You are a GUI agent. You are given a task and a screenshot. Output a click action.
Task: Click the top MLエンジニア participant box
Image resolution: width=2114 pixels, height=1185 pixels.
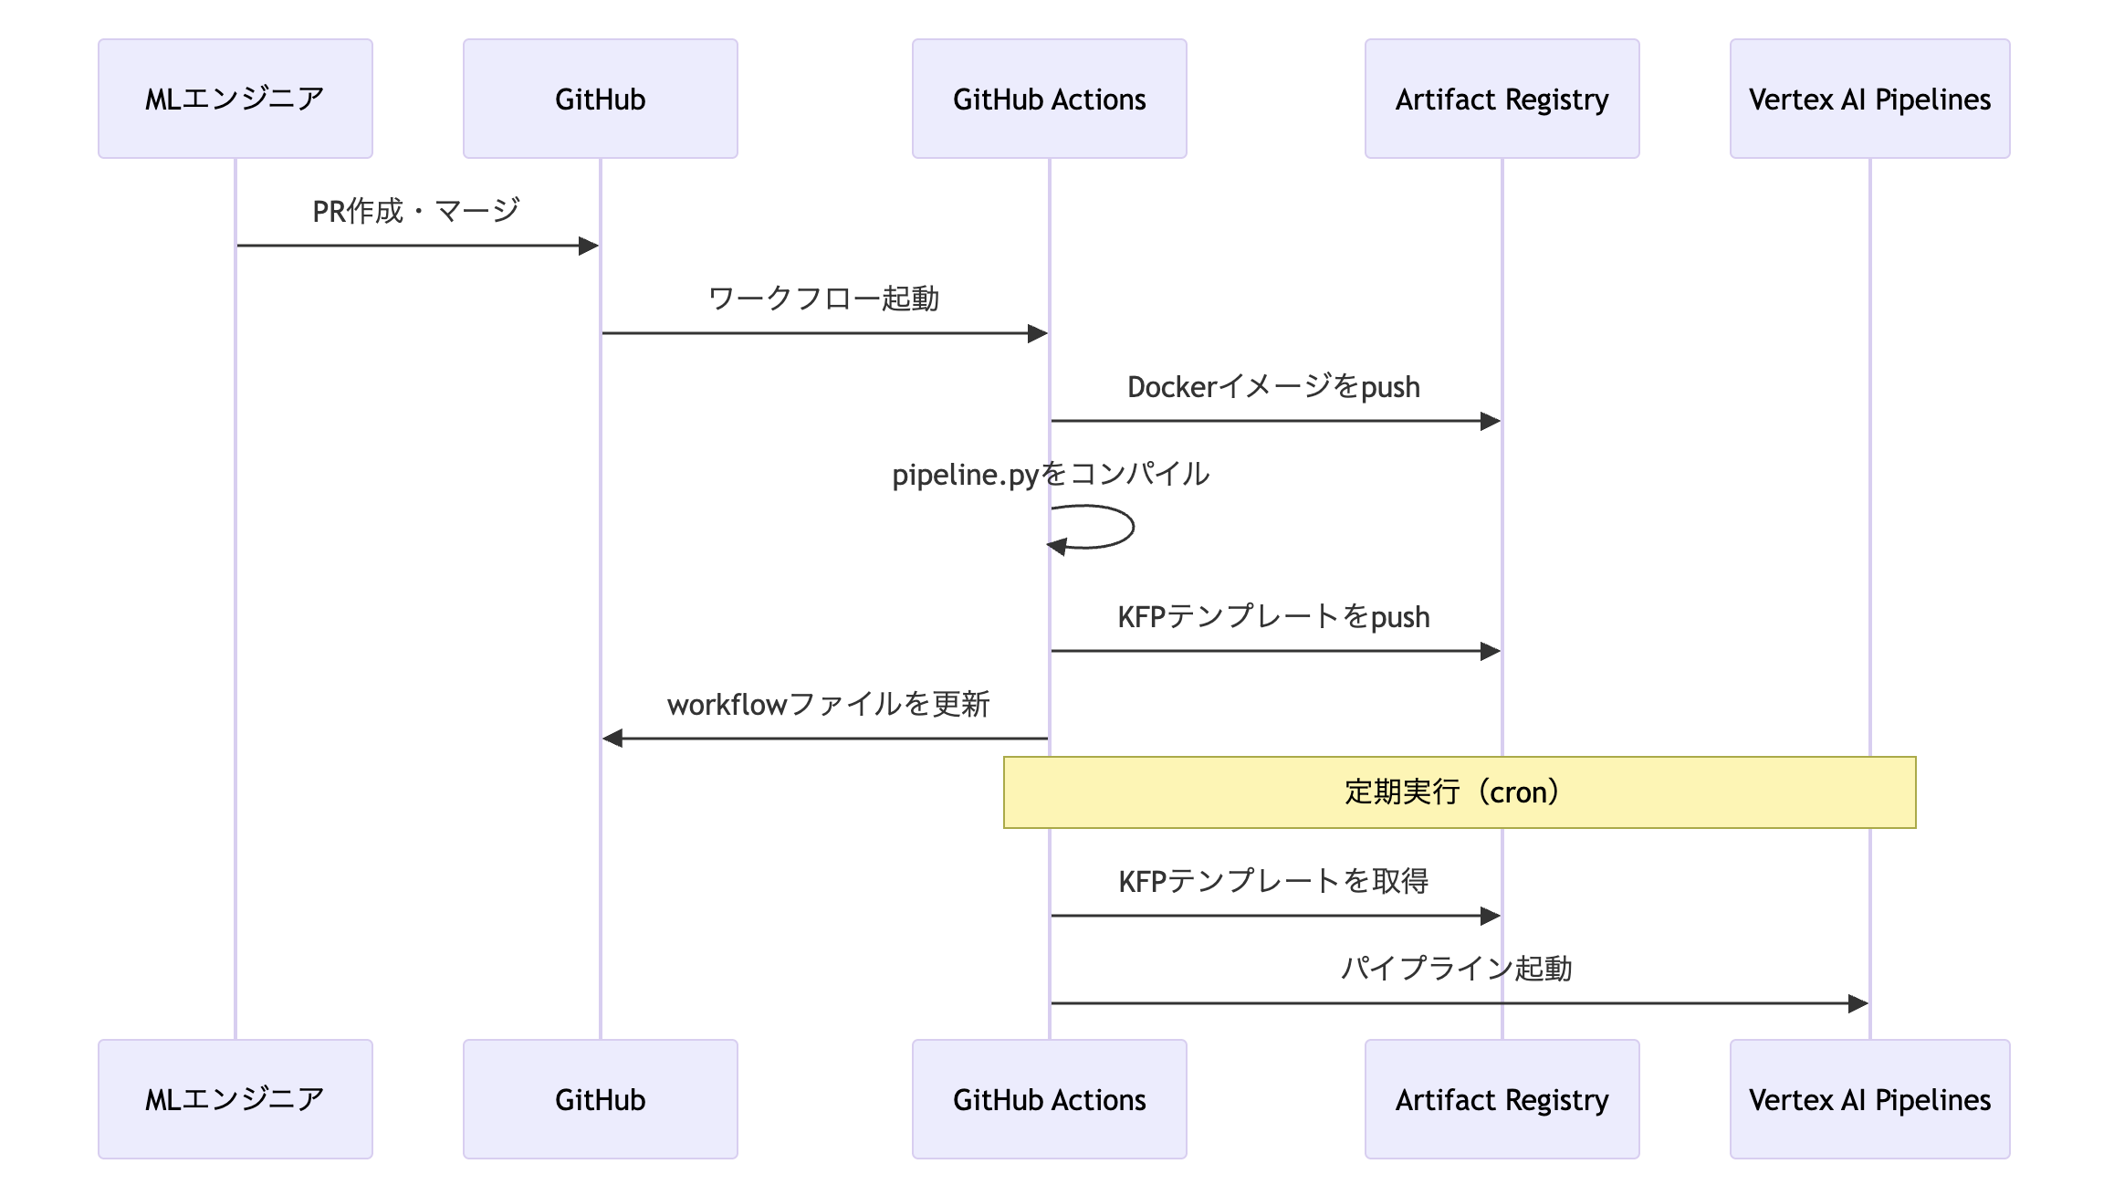[235, 99]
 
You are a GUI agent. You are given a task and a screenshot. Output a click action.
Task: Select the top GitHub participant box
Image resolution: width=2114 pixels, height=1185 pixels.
[600, 99]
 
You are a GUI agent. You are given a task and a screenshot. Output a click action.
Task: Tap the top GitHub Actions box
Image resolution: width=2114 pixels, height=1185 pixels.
[1049, 99]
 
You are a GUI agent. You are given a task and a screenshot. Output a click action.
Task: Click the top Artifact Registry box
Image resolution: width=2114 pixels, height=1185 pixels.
[1502, 99]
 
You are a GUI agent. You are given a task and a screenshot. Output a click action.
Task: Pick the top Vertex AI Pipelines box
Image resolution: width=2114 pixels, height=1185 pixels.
[1869, 99]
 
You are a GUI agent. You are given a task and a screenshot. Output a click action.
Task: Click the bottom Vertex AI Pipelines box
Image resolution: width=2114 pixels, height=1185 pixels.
[1869, 1099]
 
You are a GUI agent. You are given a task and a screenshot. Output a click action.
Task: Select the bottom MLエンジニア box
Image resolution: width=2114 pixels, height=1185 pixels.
[235, 1099]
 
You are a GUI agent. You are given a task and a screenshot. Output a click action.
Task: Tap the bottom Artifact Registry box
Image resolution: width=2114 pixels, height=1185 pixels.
[1502, 1099]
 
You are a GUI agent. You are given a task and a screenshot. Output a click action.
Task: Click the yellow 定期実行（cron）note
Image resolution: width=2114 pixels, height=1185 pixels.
[1459, 792]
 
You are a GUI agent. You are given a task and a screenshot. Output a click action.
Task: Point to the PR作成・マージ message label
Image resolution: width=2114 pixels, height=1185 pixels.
[416, 211]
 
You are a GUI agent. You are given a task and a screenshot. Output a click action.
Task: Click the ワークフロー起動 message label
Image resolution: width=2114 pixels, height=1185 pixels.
[823, 299]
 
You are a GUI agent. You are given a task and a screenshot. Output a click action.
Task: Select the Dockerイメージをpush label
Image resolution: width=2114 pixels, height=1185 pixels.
[1273, 386]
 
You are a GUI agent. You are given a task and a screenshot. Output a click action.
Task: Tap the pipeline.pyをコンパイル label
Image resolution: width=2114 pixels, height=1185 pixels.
[1051, 474]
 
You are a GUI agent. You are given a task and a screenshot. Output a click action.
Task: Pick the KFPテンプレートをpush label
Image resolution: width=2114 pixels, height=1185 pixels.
[1273, 616]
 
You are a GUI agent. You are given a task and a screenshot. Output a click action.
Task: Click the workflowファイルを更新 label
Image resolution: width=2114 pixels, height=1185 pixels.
[828, 704]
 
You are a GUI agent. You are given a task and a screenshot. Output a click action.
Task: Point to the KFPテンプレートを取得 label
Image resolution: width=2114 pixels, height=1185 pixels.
[1273, 881]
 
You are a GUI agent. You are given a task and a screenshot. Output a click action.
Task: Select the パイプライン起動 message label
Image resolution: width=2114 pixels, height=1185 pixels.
[1456, 969]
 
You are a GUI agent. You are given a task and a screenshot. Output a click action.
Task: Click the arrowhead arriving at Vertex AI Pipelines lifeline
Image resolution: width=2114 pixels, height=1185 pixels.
[1858, 1004]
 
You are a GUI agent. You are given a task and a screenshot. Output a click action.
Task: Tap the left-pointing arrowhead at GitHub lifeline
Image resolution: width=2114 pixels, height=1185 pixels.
[612, 738]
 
